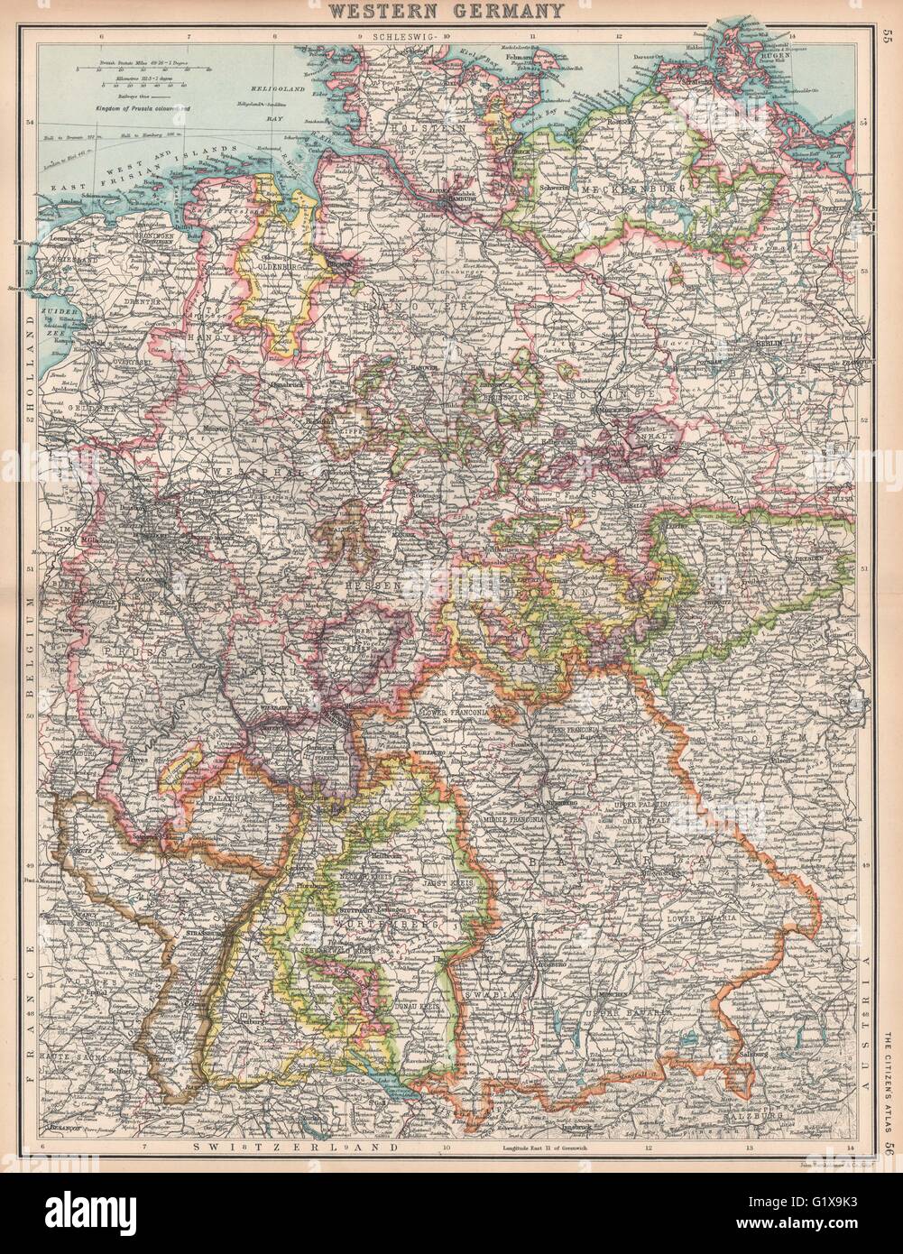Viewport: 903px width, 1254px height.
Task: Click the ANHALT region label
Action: click(x=646, y=432)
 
